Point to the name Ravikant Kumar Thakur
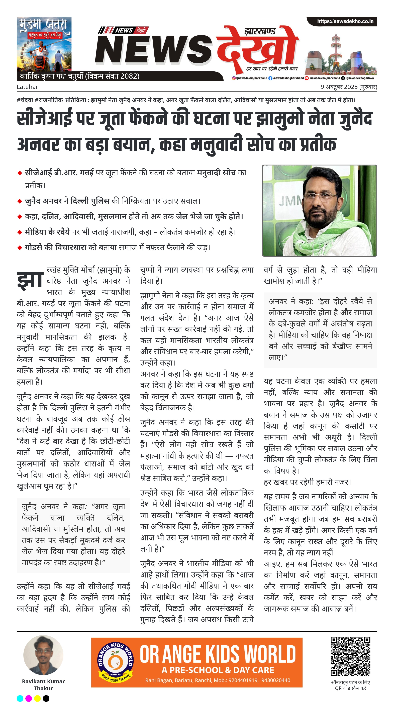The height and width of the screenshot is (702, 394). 43,685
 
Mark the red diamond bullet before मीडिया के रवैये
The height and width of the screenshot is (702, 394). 20,232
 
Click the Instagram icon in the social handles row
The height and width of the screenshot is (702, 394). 234,78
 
